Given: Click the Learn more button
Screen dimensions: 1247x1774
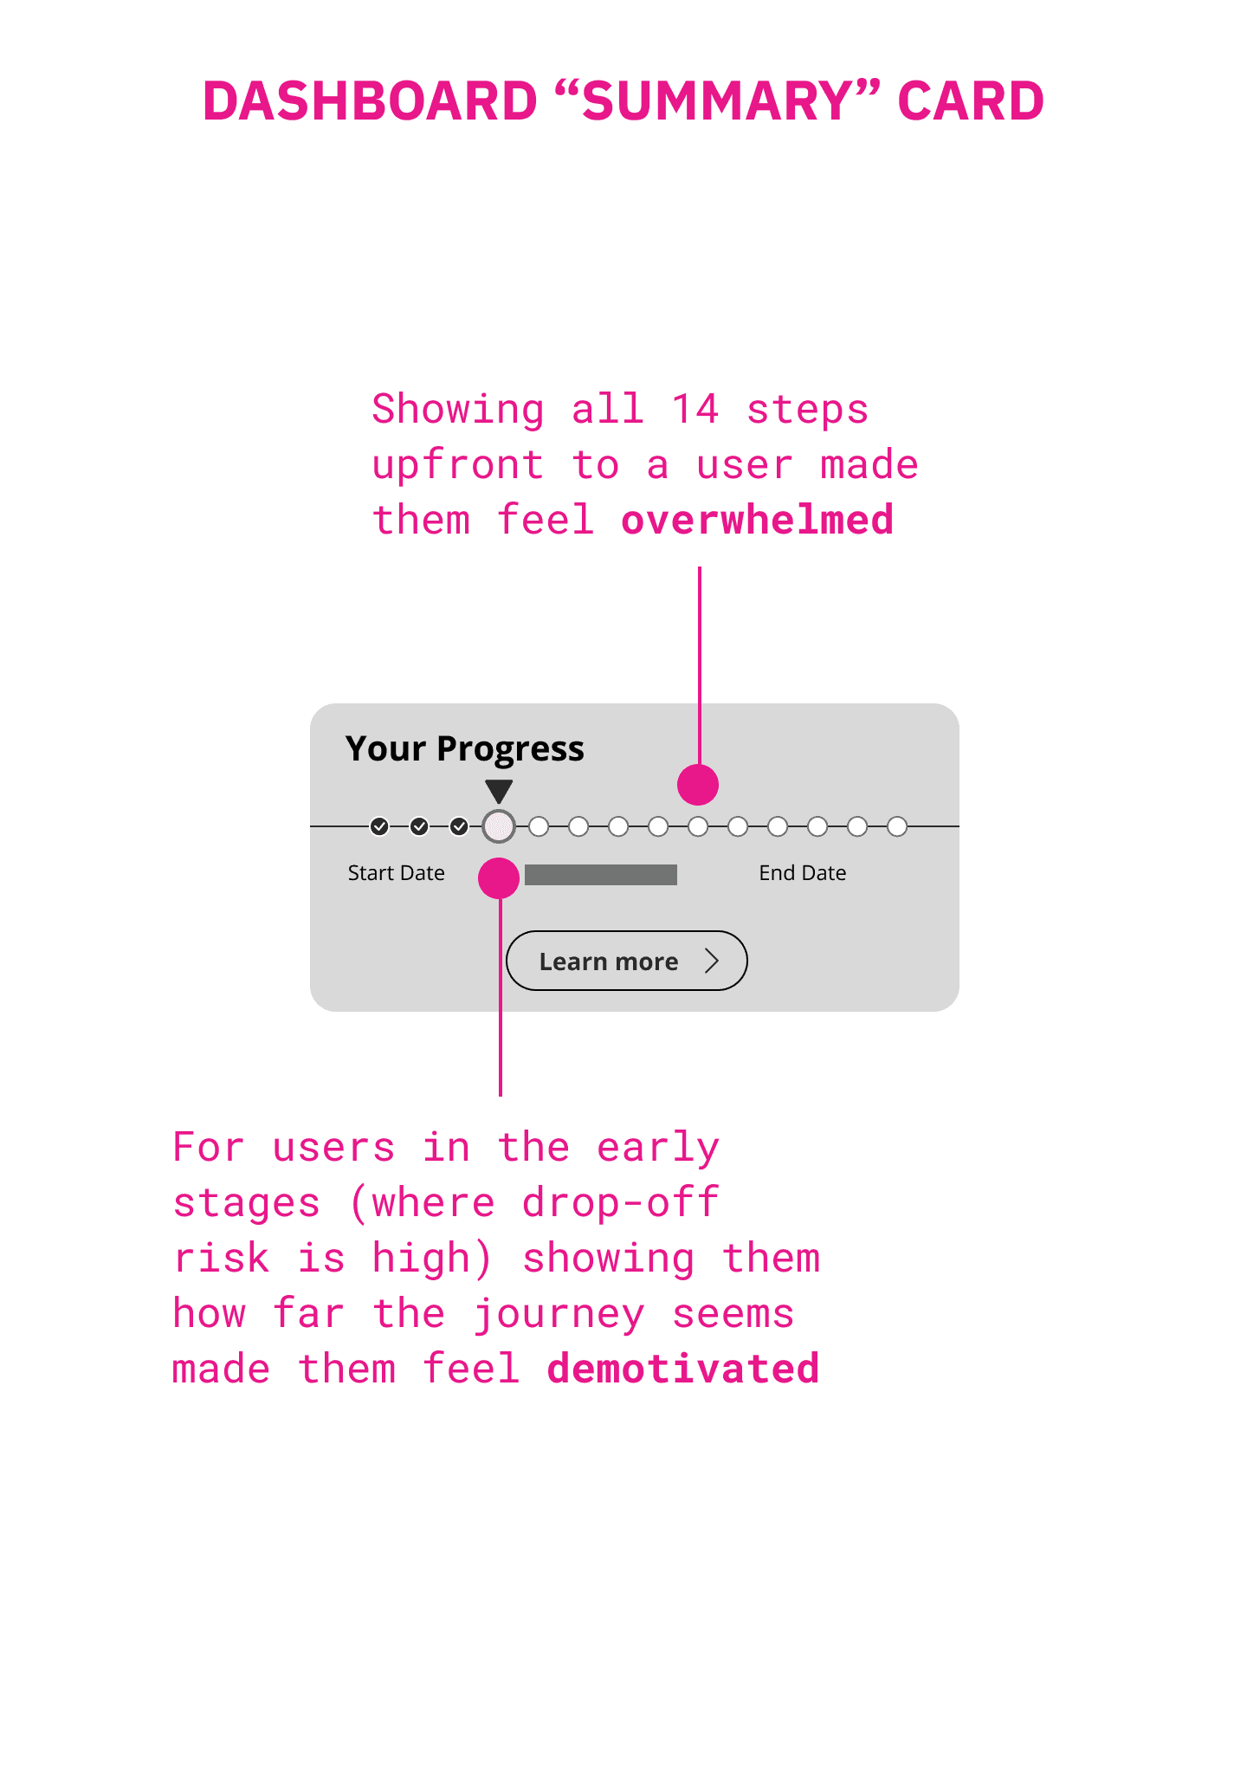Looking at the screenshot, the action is (627, 961).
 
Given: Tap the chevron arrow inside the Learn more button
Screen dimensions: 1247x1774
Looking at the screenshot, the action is (712, 961).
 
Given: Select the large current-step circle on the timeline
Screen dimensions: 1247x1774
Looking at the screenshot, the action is (499, 826).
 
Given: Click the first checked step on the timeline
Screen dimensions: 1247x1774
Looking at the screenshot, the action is (379, 826).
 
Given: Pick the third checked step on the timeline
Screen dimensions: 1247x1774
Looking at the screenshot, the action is (459, 826).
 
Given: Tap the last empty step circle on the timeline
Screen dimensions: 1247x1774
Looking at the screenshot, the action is (897, 826).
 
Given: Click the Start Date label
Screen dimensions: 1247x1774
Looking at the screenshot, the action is (397, 873).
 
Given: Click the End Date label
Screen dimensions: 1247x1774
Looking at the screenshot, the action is (803, 873).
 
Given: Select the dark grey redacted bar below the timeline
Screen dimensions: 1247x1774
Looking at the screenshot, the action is (601, 875).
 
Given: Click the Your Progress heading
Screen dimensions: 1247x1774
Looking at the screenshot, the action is (465, 749).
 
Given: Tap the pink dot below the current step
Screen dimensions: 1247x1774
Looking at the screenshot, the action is (499, 878).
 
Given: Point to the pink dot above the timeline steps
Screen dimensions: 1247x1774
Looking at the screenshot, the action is (698, 785).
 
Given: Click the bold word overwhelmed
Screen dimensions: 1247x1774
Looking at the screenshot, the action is (758, 520).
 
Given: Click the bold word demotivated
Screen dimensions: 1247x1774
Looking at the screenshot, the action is (683, 1369).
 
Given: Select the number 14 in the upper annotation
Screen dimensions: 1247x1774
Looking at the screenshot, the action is (695, 409).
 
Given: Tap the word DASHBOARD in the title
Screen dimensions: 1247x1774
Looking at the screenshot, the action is (370, 100).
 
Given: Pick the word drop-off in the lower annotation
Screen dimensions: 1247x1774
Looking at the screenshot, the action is (620, 1203).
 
